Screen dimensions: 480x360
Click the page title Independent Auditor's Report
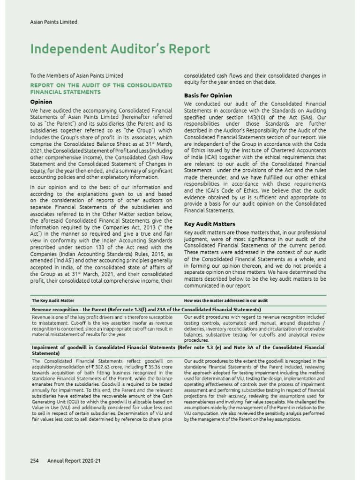pyautogui.click(x=120, y=50)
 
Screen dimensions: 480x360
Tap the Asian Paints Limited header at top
pyautogui.click(x=53, y=22)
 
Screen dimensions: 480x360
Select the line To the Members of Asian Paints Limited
pyautogui.click(x=76, y=75)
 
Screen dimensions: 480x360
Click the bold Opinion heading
pyautogui.click(x=41, y=102)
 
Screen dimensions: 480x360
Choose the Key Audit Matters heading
pyautogui.click(x=210, y=224)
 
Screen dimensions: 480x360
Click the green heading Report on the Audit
pyautogui.click(x=101, y=89)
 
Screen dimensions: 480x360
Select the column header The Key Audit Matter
pyautogui.click(x=52, y=300)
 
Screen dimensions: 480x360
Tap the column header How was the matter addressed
pyautogui.click(x=226, y=300)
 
